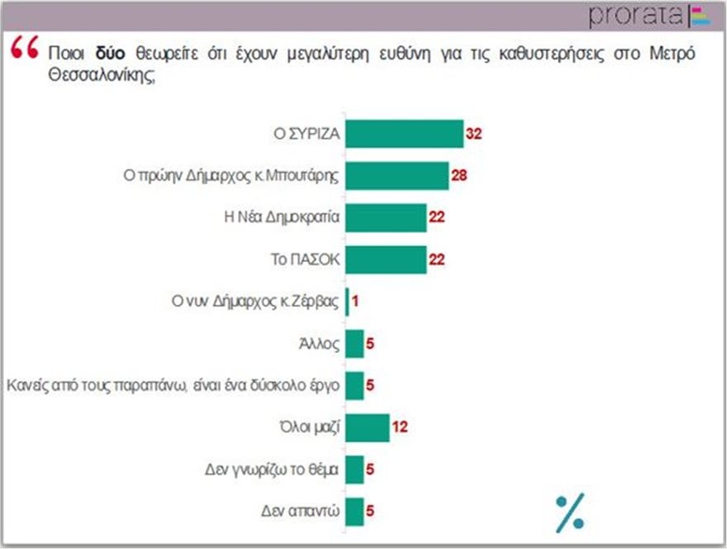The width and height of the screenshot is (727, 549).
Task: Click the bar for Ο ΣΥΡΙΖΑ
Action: (404, 134)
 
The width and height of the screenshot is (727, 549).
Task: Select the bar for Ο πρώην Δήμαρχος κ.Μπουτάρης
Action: (397, 175)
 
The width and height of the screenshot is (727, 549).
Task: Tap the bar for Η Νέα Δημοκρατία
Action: (386, 217)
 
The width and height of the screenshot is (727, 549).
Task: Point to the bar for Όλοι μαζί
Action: (367, 427)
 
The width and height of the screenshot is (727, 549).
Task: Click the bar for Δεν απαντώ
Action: (354, 511)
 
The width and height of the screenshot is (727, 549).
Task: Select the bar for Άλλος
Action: (354, 343)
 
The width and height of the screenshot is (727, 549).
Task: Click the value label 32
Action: (473, 134)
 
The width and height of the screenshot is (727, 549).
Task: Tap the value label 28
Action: (459, 175)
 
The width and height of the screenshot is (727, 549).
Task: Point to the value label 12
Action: (400, 427)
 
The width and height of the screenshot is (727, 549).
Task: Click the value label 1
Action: (355, 302)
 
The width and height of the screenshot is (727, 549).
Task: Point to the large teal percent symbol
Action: (569, 510)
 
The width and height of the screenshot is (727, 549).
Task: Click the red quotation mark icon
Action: (26, 49)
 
